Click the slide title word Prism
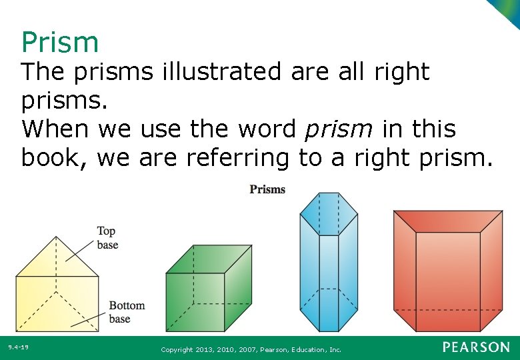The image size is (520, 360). [60, 42]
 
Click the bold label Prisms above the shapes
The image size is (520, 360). [267, 189]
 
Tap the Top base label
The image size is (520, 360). [107, 238]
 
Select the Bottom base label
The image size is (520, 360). [127, 312]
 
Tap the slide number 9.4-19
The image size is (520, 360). [19, 347]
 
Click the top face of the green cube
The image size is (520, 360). [209, 259]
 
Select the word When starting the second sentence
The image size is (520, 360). [56, 129]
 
